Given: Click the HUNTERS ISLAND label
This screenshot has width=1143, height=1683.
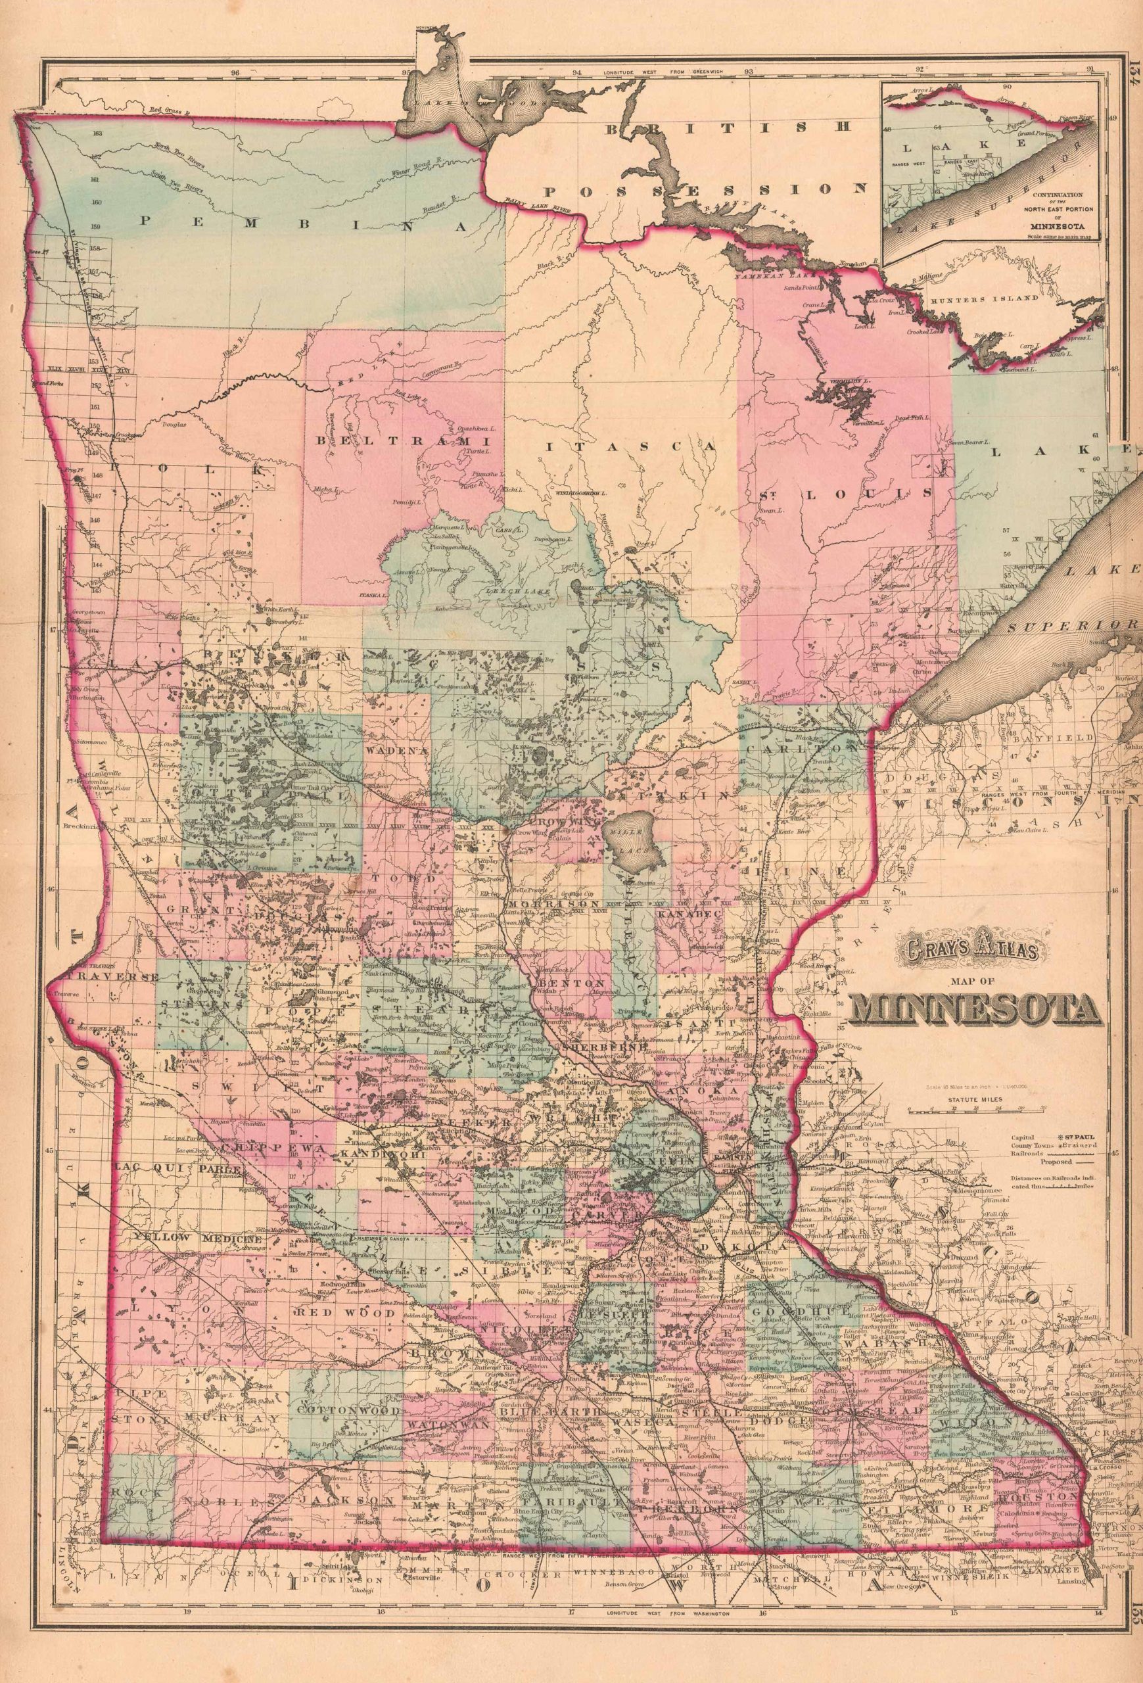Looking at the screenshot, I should click(977, 298).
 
